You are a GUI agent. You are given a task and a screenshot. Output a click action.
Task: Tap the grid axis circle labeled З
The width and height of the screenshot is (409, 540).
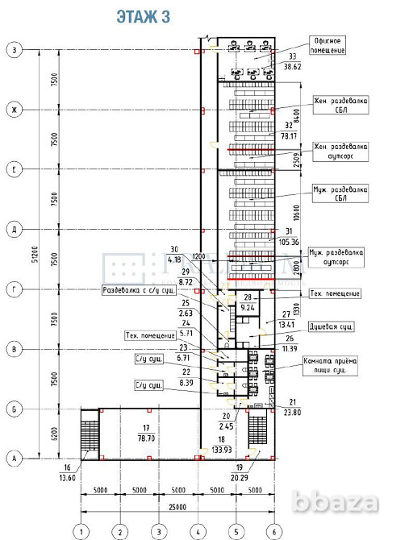(x=15, y=50)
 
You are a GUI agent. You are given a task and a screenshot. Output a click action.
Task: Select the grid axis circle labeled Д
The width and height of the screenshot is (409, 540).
(x=15, y=229)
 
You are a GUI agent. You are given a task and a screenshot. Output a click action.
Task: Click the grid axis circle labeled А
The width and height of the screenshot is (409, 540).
(x=15, y=458)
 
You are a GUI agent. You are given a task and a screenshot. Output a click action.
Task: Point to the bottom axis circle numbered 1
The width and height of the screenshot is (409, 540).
(x=81, y=531)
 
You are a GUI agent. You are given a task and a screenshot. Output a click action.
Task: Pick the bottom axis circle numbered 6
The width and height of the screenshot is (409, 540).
(x=274, y=531)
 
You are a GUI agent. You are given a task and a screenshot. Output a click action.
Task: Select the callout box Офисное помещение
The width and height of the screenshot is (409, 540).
(x=329, y=45)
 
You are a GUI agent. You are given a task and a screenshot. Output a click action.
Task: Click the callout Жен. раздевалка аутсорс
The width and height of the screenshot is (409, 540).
(x=341, y=152)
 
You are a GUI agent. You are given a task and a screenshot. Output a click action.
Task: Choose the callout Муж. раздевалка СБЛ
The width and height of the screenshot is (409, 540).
(x=341, y=193)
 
